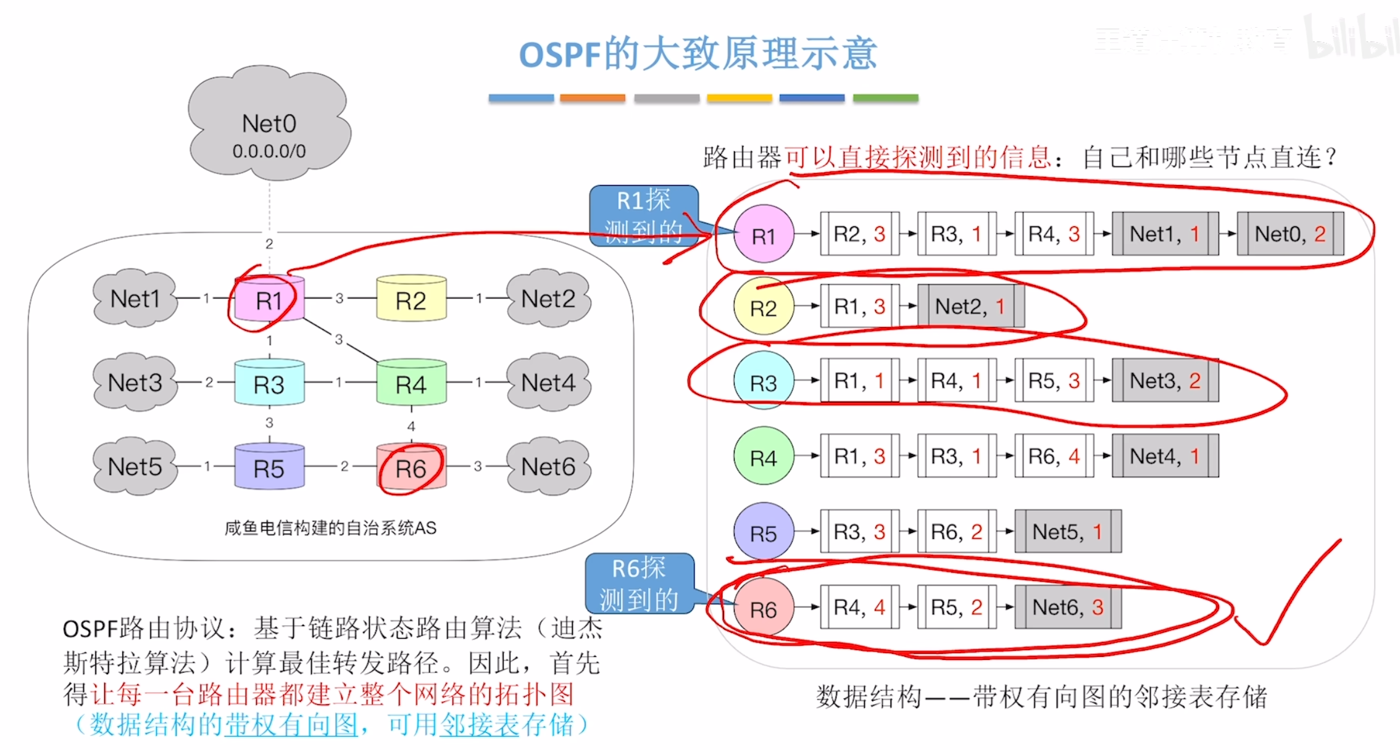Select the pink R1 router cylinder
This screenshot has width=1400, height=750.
[269, 300]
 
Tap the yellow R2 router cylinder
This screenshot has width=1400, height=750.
[411, 300]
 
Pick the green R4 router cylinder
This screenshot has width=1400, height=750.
[411, 384]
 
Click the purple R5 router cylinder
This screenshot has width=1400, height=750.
[269, 468]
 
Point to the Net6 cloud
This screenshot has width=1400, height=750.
[548, 466]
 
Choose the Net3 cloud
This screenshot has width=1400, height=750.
[135, 382]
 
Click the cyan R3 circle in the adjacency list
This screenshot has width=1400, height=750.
[764, 382]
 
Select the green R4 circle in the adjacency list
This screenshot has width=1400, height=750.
[764, 458]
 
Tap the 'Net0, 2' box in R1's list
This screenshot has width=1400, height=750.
[1290, 234]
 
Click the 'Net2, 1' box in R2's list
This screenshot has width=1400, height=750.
[970, 306]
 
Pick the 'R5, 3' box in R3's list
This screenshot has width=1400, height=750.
[1054, 381]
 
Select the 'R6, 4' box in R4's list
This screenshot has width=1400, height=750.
[1054, 456]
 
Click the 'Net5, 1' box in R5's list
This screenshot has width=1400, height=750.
[1068, 531]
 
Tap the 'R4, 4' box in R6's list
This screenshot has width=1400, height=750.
[859, 607]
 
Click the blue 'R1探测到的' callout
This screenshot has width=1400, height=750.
[643, 216]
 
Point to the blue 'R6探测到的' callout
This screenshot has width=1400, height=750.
[639, 583]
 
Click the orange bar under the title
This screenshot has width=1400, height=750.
[593, 98]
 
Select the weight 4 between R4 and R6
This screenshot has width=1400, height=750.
[411, 426]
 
